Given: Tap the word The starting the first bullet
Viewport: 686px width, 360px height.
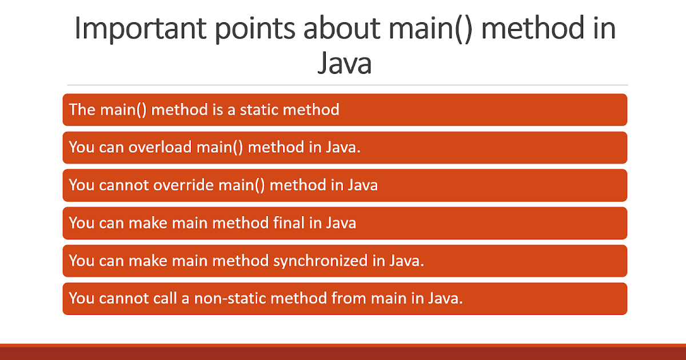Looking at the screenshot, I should [x=82, y=109].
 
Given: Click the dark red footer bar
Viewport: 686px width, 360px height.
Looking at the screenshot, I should [x=343, y=353].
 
